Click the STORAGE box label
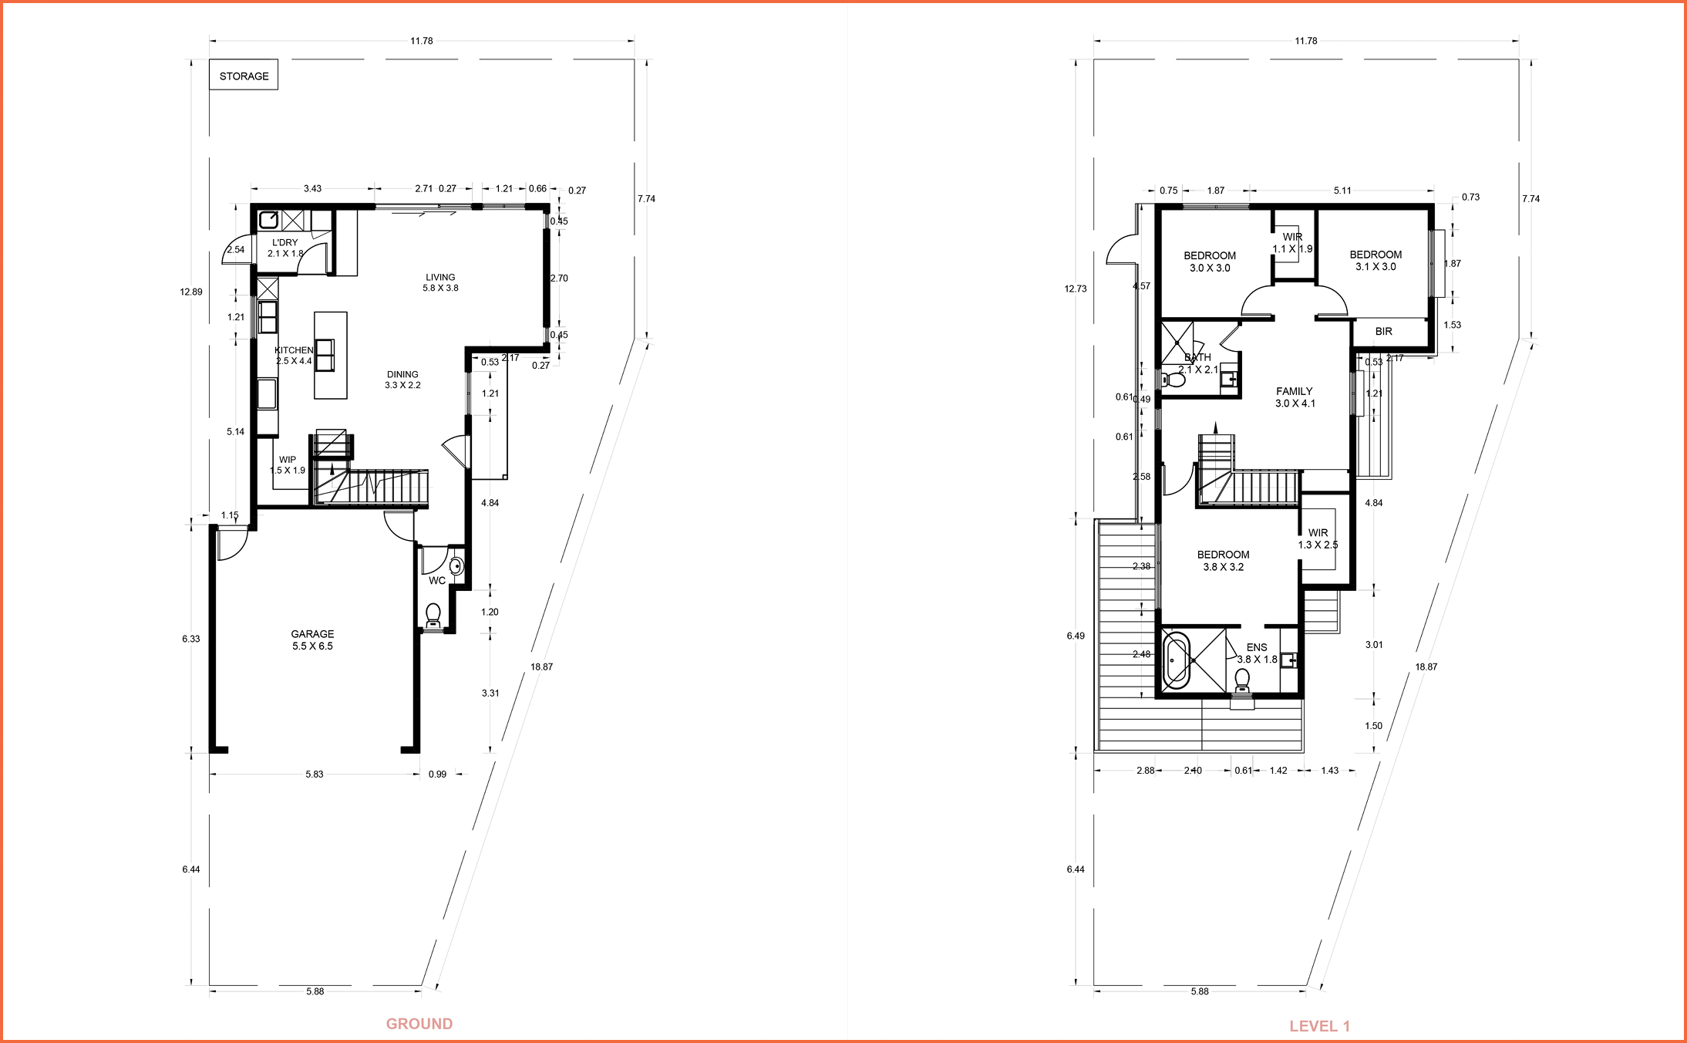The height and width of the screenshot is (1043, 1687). pyautogui.click(x=244, y=76)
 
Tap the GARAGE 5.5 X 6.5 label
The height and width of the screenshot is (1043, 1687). pyautogui.click(x=312, y=640)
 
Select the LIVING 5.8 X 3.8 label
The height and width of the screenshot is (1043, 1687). pyautogui.click(x=440, y=282)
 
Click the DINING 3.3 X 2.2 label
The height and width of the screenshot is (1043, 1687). pyautogui.click(x=402, y=380)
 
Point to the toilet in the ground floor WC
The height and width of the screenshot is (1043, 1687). pyautogui.click(x=433, y=615)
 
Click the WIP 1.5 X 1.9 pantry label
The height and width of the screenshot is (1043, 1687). pyautogui.click(x=288, y=464)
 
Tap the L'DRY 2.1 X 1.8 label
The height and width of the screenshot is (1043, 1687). pyautogui.click(x=285, y=248)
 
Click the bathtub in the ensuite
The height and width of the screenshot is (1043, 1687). pyautogui.click(x=1177, y=660)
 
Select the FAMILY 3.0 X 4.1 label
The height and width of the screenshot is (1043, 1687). pyautogui.click(x=1295, y=397)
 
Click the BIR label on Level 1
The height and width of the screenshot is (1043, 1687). pyautogui.click(x=1384, y=332)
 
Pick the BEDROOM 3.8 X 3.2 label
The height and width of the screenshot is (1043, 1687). pyautogui.click(x=1223, y=560)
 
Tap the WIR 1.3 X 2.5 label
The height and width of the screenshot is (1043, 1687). pyautogui.click(x=1318, y=538)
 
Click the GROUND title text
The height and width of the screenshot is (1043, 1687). pyautogui.click(x=419, y=1024)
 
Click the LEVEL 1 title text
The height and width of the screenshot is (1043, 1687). pyautogui.click(x=1319, y=1026)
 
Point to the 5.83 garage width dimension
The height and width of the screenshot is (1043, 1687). pyautogui.click(x=314, y=774)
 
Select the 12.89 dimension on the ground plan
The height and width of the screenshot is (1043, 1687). pyautogui.click(x=191, y=292)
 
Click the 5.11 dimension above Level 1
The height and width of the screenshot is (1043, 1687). pyautogui.click(x=1342, y=191)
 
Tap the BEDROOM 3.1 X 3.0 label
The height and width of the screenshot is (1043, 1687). pyautogui.click(x=1376, y=260)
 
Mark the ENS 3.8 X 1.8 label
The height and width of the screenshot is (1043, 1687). pyautogui.click(x=1257, y=653)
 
